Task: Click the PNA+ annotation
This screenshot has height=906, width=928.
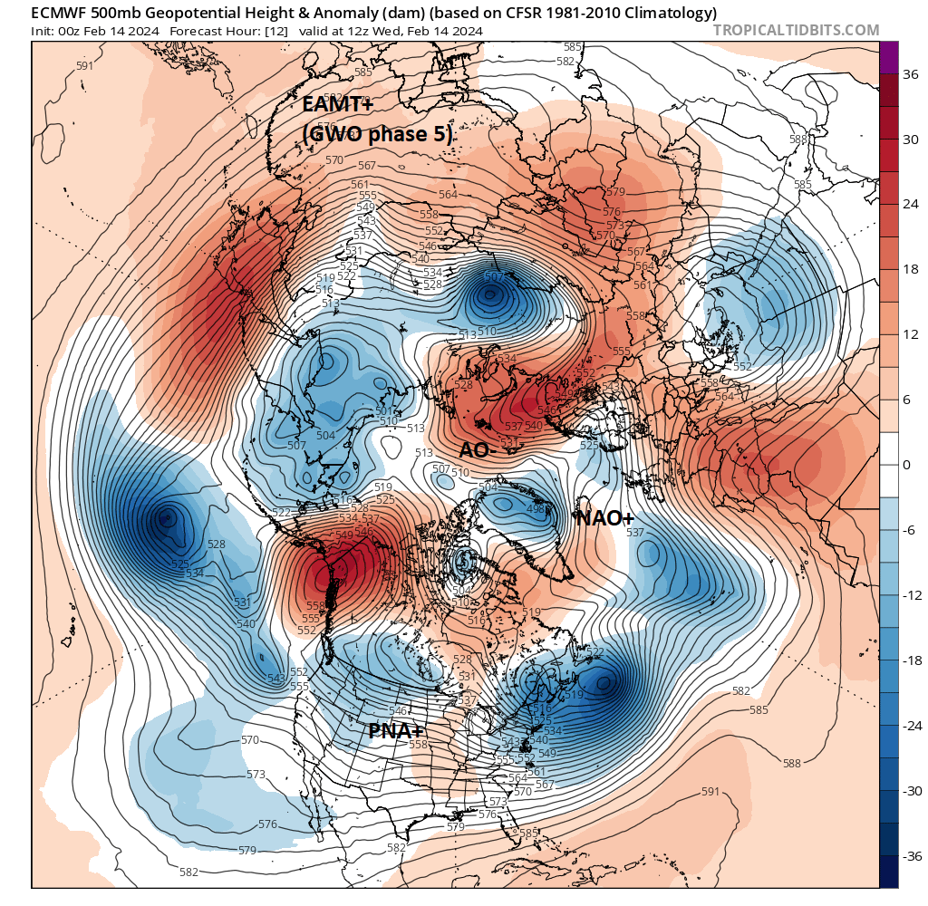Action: coord(397,730)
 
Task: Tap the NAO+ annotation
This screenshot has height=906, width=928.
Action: coord(604,517)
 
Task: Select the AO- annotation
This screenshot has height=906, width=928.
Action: coord(476,450)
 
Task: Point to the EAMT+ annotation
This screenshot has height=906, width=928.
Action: coord(337,104)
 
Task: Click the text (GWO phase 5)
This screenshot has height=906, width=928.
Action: coord(377,134)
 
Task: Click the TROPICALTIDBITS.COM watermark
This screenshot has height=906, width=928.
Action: coord(796,30)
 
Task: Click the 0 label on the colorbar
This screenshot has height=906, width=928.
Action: coord(905,465)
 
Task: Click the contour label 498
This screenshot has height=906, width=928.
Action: coord(536,509)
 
